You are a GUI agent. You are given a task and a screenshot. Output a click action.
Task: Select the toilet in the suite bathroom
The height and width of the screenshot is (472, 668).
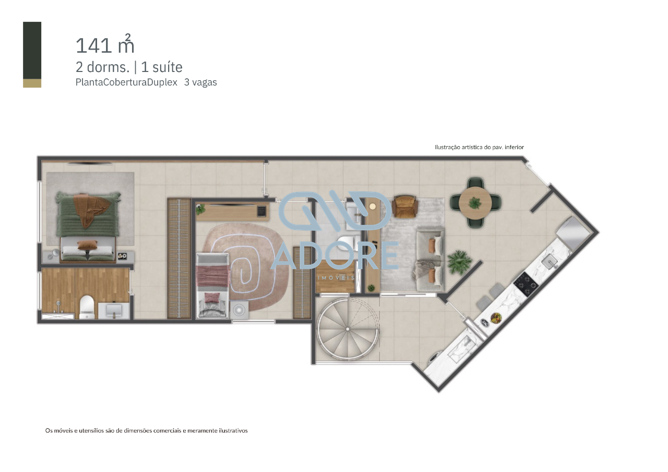(87, 307)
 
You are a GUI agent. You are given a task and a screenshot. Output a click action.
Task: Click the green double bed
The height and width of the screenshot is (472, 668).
(88, 225)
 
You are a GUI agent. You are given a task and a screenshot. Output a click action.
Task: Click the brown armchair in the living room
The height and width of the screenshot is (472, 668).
(405, 206)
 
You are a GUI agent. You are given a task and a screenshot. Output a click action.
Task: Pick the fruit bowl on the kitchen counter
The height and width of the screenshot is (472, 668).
(495, 317)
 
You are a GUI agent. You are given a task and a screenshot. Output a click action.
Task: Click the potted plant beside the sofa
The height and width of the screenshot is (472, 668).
(458, 261)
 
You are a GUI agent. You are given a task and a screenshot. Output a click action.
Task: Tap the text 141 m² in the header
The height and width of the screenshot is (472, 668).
(105, 45)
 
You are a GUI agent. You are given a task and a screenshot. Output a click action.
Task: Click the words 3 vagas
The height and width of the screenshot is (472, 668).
(200, 82)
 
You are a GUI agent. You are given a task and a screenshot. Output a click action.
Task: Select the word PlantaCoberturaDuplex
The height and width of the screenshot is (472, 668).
(127, 82)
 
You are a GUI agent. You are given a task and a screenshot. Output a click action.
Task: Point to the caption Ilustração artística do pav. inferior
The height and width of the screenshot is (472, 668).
(479, 148)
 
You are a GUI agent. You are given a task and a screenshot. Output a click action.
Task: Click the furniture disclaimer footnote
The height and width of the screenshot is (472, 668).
(146, 431)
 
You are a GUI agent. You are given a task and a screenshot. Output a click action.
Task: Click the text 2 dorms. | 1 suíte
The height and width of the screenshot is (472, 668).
(129, 67)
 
